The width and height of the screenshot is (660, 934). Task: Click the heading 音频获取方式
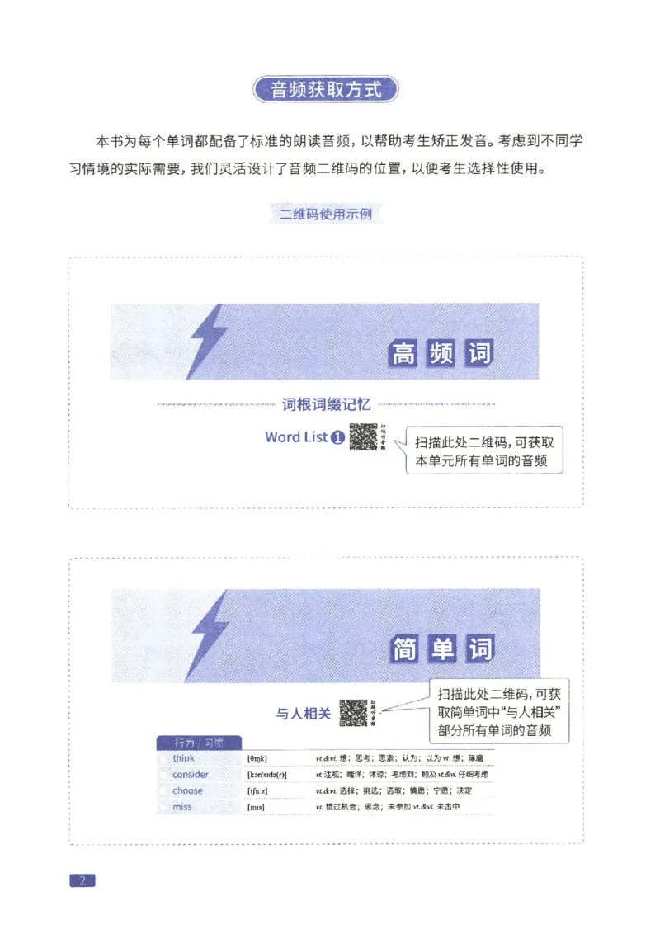coord(327,89)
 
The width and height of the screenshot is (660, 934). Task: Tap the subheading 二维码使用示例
coord(326,214)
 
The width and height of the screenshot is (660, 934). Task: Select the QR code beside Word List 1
coord(363,437)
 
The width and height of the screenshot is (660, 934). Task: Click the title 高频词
coord(441,354)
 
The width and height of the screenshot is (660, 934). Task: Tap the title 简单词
coord(441,650)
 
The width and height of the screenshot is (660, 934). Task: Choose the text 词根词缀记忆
coord(327,404)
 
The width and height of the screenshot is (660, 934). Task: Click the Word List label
coord(296,437)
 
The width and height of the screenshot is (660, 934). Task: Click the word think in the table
coord(184,758)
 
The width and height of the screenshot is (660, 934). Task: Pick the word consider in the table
coord(191,775)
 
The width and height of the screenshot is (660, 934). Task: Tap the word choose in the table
coord(187,790)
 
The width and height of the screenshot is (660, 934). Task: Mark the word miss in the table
coord(182,807)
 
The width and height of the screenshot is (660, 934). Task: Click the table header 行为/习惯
coord(198,743)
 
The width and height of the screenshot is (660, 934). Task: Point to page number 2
coord(82,880)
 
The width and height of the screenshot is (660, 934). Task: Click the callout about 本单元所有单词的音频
coord(484,450)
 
